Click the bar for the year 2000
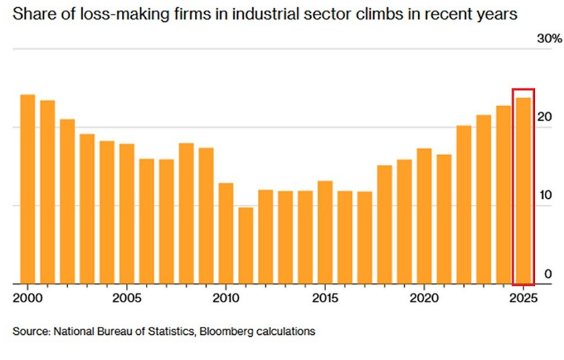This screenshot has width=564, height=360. point(27,189)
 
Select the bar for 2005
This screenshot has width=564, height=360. point(127,213)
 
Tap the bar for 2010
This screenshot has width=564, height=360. point(226,233)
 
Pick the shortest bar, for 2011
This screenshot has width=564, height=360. point(246,245)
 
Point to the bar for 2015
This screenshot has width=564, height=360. point(325,232)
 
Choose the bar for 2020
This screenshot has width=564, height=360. point(424,215)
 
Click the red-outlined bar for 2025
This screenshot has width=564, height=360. point(523,191)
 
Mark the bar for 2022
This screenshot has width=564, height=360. point(464,204)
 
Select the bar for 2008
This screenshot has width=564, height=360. point(186,213)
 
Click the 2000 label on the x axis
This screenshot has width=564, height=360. point(26,297)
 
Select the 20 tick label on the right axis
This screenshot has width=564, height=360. point(545,117)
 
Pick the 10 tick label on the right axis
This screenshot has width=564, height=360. point(545,195)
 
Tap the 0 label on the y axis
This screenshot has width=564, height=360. point(547,273)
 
